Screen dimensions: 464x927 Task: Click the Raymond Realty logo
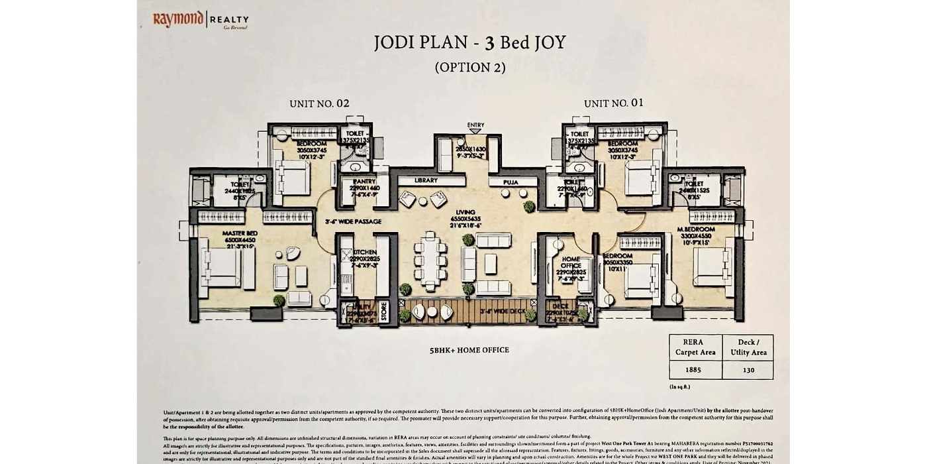201,20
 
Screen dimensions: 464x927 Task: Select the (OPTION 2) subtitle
470,67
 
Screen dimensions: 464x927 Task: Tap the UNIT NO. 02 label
319,103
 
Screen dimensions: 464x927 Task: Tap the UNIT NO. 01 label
613,103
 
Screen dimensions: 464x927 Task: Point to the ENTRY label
475,125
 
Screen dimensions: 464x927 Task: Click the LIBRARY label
426,180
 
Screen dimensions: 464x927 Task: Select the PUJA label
511,182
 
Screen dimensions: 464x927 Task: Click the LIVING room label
465,212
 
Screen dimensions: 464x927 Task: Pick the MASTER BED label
240,233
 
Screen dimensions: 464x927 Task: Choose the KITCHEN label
366,253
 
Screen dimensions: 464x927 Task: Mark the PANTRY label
364,181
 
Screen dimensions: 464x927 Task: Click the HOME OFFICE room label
571,262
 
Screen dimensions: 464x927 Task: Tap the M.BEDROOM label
695,229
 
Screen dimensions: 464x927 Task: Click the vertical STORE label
384,312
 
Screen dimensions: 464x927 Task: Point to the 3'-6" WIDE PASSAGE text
354,222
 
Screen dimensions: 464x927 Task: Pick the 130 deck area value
748,370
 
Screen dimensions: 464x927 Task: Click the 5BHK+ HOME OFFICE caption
469,350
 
